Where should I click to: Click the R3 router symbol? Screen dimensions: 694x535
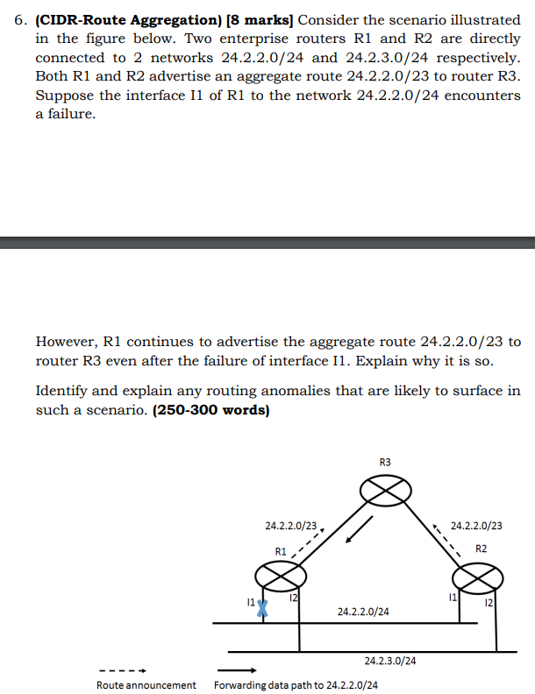pos(382,491)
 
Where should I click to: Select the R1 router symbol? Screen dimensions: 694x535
pos(281,577)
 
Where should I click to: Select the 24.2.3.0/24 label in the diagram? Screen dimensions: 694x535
pos(390,662)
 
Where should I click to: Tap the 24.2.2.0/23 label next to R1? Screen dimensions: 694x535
pos(291,527)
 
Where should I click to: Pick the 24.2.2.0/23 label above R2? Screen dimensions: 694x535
pos(476,527)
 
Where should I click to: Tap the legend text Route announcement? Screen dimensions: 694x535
pos(146,684)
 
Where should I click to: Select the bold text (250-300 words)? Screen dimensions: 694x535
pos(210,409)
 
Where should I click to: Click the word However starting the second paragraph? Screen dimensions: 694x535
pos(67,341)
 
